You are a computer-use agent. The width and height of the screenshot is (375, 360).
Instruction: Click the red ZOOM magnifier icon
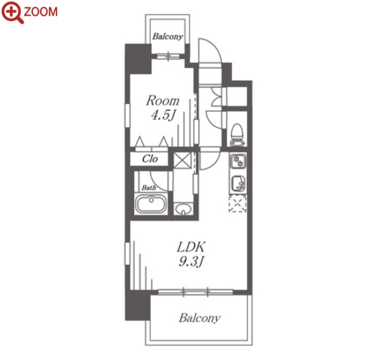point(11,11)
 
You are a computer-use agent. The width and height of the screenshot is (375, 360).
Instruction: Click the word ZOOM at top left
point(41,12)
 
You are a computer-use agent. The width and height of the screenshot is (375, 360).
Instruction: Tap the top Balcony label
point(168,37)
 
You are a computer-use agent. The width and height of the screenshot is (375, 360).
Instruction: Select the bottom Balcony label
point(200,318)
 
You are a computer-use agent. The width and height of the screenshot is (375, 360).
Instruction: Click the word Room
point(163,101)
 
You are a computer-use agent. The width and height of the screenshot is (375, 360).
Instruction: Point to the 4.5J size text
point(163,115)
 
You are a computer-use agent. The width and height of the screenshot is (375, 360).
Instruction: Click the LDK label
point(191,247)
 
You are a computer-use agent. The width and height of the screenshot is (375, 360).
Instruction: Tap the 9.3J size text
point(191,262)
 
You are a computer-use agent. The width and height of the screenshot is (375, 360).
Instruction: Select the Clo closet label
point(150,159)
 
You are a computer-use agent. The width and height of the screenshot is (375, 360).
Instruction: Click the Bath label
point(148,188)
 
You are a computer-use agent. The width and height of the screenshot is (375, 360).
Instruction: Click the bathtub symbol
point(151,204)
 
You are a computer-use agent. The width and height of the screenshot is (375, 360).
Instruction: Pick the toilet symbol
point(237,135)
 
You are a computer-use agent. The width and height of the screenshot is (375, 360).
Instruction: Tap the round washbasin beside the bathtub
point(183,209)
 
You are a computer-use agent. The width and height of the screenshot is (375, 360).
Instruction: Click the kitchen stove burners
point(238,161)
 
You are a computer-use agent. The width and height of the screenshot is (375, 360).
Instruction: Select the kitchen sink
point(238,183)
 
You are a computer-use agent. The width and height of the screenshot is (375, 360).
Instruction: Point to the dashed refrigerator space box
point(237,203)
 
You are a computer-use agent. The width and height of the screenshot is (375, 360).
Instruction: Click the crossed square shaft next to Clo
point(182,160)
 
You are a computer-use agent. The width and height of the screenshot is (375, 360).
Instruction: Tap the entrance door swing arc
point(210,50)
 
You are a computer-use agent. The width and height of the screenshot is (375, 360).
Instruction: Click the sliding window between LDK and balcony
point(196,292)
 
